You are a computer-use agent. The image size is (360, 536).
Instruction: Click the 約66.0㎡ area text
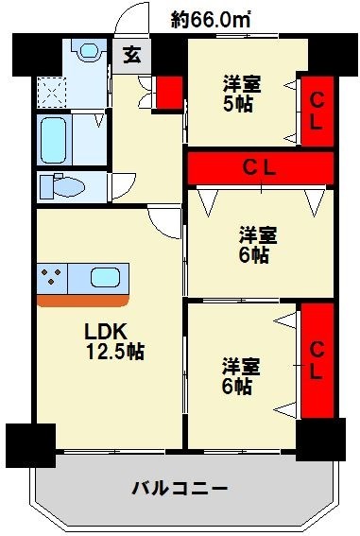tap(209, 17)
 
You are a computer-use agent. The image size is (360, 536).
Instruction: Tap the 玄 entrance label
tap(130, 54)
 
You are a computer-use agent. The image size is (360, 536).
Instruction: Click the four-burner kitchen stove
tap(52, 280)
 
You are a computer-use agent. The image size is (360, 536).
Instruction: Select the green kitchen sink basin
tap(105, 279)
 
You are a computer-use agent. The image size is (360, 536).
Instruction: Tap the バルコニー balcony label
tap(179, 490)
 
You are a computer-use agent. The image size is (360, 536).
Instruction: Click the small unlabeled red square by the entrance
tap(169, 92)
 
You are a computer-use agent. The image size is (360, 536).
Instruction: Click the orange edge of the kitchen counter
tap(83, 302)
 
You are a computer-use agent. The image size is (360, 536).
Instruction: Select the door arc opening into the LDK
tap(163, 223)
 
